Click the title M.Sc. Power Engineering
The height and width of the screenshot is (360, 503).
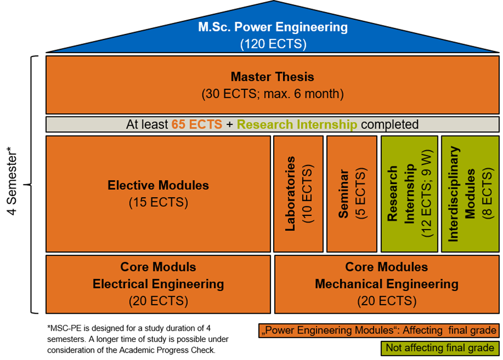click(x=273, y=27)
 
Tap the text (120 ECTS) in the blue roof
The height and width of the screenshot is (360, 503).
click(x=273, y=44)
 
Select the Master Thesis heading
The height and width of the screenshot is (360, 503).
click(x=273, y=77)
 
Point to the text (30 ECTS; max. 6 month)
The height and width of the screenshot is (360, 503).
click(x=273, y=95)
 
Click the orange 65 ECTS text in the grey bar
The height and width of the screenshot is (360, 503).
click(x=196, y=124)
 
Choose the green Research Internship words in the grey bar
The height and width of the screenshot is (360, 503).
click(x=296, y=124)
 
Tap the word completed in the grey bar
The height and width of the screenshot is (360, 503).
click(x=390, y=124)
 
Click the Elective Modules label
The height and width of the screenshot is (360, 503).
click(x=158, y=186)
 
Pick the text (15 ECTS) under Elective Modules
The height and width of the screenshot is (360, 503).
click(x=158, y=203)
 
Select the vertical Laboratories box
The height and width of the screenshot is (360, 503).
click(x=298, y=194)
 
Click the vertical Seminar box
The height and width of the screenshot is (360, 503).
click(x=351, y=194)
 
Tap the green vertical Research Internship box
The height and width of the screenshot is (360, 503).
click(x=409, y=194)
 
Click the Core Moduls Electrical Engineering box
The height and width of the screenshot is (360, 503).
click(x=158, y=283)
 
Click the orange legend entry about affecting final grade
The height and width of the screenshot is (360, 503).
click(x=378, y=331)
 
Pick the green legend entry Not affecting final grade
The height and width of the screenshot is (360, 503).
click(x=440, y=348)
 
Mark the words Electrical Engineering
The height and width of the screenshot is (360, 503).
click(x=158, y=284)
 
